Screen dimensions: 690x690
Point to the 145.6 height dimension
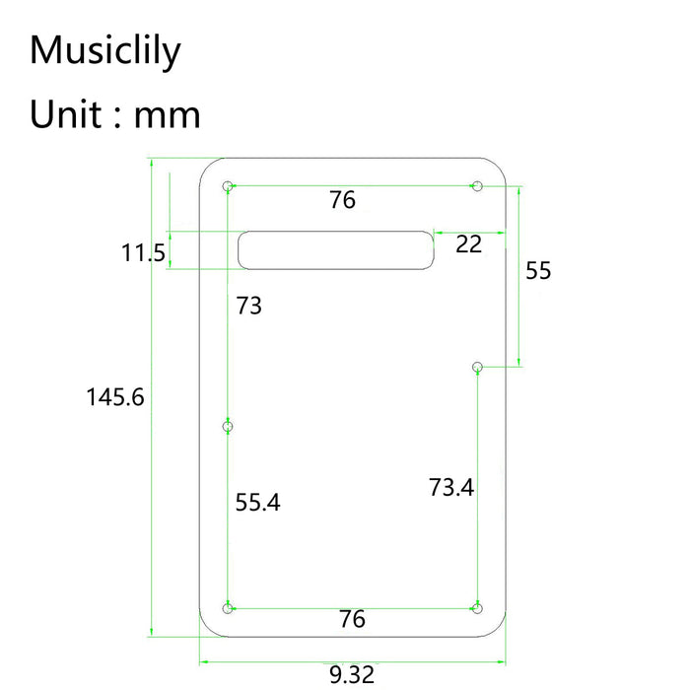point(115,397)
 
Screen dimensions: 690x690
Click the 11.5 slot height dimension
point(143,253)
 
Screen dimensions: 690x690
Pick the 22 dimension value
point(468,243)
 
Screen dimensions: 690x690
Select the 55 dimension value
point(538,271)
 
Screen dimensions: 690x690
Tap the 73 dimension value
point(249,306)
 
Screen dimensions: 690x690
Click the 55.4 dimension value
point(258,503)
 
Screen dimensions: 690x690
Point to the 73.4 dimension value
point(451,487)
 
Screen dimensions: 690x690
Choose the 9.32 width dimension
point(352,675)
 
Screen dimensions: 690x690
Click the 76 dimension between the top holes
point(342,200)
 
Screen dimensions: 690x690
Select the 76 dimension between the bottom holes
point(352,619)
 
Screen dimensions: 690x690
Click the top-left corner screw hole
point(228,185)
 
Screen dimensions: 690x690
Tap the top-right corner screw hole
point(477,185)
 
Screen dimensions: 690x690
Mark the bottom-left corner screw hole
point(229,607)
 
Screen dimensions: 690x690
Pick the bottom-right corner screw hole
point(478,607)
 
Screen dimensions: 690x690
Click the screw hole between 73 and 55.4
point(228,427)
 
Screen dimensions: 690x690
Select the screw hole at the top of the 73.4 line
point(477,368)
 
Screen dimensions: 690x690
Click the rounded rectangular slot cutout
point(336,248)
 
